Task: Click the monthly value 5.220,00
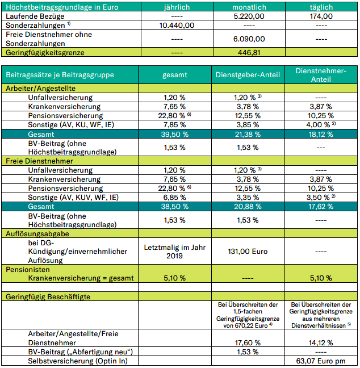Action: click(x=248, y=16)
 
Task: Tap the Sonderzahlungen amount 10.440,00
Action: click(x=176, y=26)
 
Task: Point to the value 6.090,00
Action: click(x=248, y=39)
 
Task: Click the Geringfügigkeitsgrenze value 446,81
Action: click(x=248, y=52)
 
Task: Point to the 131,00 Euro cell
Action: click(x=248, y=251)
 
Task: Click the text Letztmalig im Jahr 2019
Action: click(x=176, y=250)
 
